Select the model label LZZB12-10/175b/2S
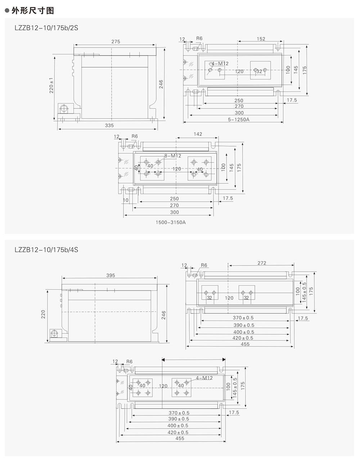(45, 27)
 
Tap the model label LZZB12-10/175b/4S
(45, 249)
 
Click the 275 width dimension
(116, 42)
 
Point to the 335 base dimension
(109, 125)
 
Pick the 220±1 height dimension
(51, 86)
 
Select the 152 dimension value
(261, 39)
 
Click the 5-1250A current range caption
(238, 119)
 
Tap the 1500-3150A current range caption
(171, 222)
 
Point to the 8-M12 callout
(173, 156)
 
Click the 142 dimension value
(198, 134)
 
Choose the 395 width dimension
(111, 275)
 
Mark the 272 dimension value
(262, 263)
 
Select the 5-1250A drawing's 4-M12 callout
(220, 64)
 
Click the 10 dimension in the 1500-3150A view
(126, 200)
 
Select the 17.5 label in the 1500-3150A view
(228, 198)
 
